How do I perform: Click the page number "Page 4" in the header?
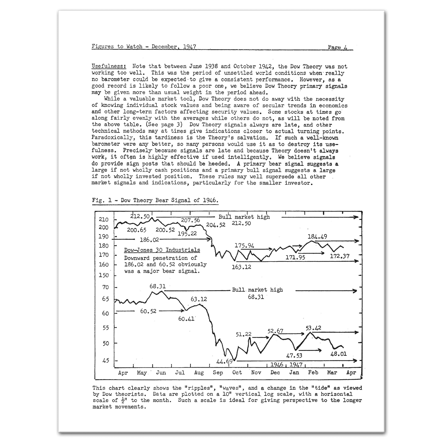338,47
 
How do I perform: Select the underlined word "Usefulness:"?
109,66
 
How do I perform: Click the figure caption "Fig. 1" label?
102,200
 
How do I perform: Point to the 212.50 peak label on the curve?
140,216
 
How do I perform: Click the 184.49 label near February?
317,237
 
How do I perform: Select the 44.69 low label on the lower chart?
224,362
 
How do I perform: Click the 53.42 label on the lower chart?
313,328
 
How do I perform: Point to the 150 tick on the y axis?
104,275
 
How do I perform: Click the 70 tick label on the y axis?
105,287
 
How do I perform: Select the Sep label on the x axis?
218,373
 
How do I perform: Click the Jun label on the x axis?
161,373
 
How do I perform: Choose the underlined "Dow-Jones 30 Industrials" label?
162,250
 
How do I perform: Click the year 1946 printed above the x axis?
277,364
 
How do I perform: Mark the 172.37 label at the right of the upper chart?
340,256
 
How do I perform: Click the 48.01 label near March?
338,354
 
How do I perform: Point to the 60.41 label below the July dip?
186,319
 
